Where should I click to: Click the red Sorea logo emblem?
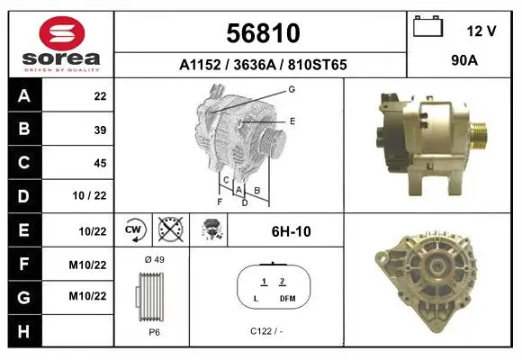[62, 33]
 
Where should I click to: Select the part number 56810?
[263, 33]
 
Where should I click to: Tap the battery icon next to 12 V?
[428, 26]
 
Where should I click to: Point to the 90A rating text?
[464, 60]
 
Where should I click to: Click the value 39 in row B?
[100, 130]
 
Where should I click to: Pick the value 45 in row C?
[100, 163]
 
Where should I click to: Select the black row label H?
[24, 332]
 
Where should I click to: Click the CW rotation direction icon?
[133, 229]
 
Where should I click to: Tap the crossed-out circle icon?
[171, 229]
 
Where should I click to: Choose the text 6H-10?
[292, 231]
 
